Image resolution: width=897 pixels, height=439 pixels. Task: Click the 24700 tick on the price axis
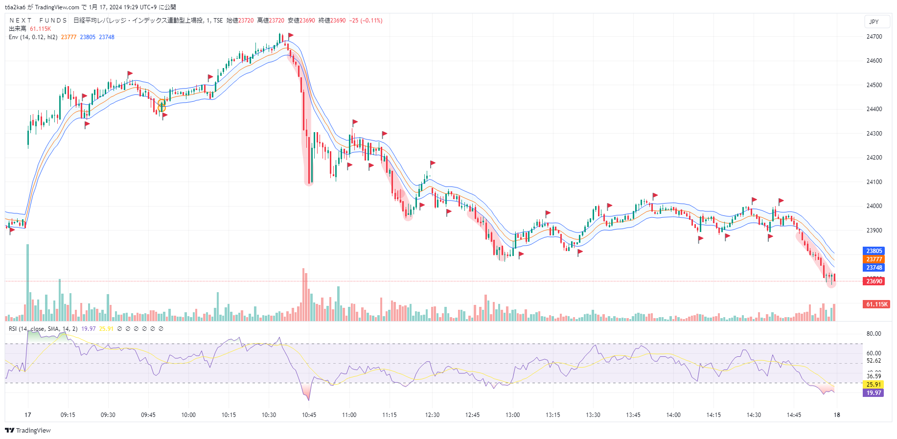coord(874,37)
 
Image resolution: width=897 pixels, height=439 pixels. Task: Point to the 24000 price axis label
coord(874,206)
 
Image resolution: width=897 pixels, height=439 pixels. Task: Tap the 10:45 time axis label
coord(309,415)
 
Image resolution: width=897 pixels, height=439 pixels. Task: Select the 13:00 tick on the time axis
coord(512,415)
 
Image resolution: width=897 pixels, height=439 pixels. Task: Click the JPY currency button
coord(874,22)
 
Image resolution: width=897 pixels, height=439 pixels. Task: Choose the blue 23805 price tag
coord(874,251)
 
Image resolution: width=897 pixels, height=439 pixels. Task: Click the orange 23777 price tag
coord(874,259)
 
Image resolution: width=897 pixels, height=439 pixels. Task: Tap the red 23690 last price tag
coord(874,281)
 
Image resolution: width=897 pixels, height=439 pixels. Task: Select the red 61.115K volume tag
coord(876,304)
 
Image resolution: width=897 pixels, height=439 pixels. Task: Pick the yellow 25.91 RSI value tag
coord(874,385)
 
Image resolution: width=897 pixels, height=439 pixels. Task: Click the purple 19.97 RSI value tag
coord(874,393)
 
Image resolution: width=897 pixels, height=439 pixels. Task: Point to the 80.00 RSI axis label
coord(874,334)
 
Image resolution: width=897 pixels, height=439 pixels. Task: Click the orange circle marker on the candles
coord(161,106)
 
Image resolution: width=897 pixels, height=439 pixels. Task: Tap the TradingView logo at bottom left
coord(28,431)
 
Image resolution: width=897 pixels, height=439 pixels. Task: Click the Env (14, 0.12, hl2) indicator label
coord(33,37)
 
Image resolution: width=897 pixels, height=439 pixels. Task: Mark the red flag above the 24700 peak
coord(291,35)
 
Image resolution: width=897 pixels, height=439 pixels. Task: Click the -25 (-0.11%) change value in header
coord(366,21)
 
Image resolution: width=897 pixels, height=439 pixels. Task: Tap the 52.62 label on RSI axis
coord(874,361)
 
